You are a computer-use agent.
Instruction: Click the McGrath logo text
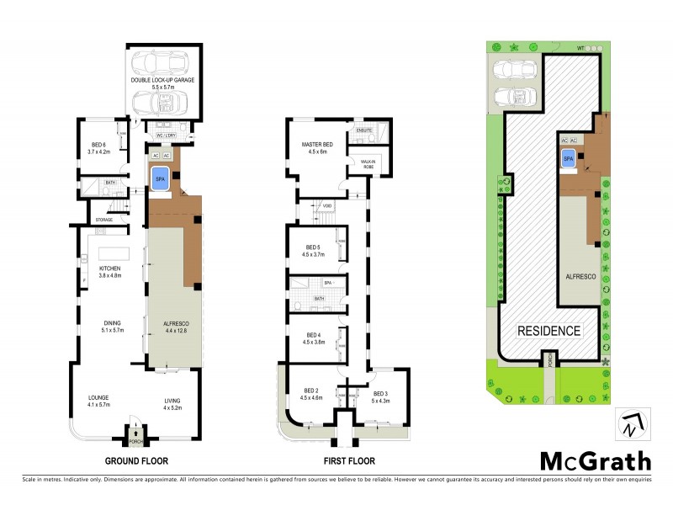[x=595, y=460]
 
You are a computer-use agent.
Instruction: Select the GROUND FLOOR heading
[x=136, y=461]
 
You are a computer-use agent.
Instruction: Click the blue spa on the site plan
[x=568, y=158]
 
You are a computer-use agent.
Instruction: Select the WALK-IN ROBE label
[x=368, y=164]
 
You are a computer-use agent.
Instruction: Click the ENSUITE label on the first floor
[x=364, y=131]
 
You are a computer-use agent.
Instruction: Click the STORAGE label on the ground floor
[x=104, y=220]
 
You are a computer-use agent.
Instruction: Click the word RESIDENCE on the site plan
[x=548, y=331]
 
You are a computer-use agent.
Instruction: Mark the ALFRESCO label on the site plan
[x=580, y=276]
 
